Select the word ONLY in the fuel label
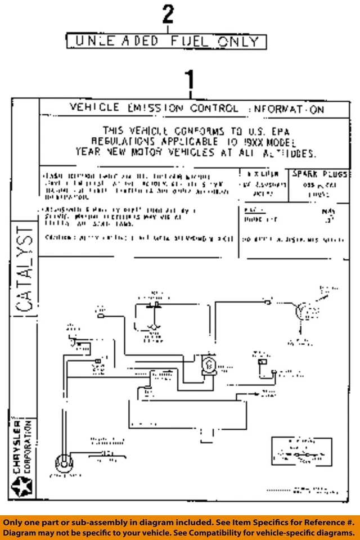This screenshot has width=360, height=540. point(238,41)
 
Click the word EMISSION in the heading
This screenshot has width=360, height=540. point(155,107)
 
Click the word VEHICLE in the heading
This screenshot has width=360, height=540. point(94,107)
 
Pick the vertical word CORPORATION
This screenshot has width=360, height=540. point(29,446)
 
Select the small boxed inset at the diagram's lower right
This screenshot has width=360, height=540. point(299,453)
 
